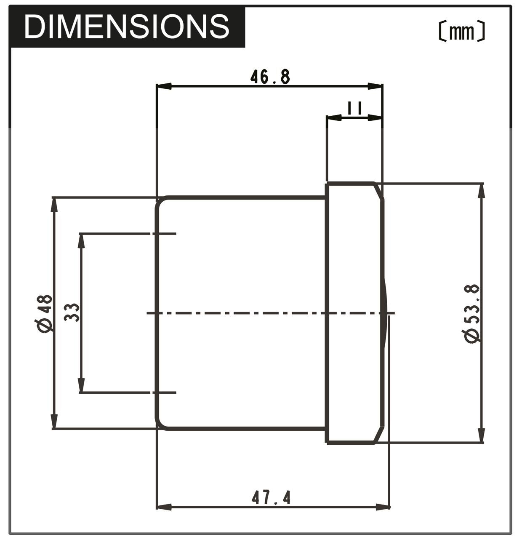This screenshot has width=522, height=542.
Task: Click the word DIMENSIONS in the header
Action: pyautogui.click(x=127, y=26)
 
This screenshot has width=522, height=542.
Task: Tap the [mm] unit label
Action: pyautogui.click(x=462, y=32)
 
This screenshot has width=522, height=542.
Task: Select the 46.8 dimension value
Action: pyautogui.click(x=270, y=77)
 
